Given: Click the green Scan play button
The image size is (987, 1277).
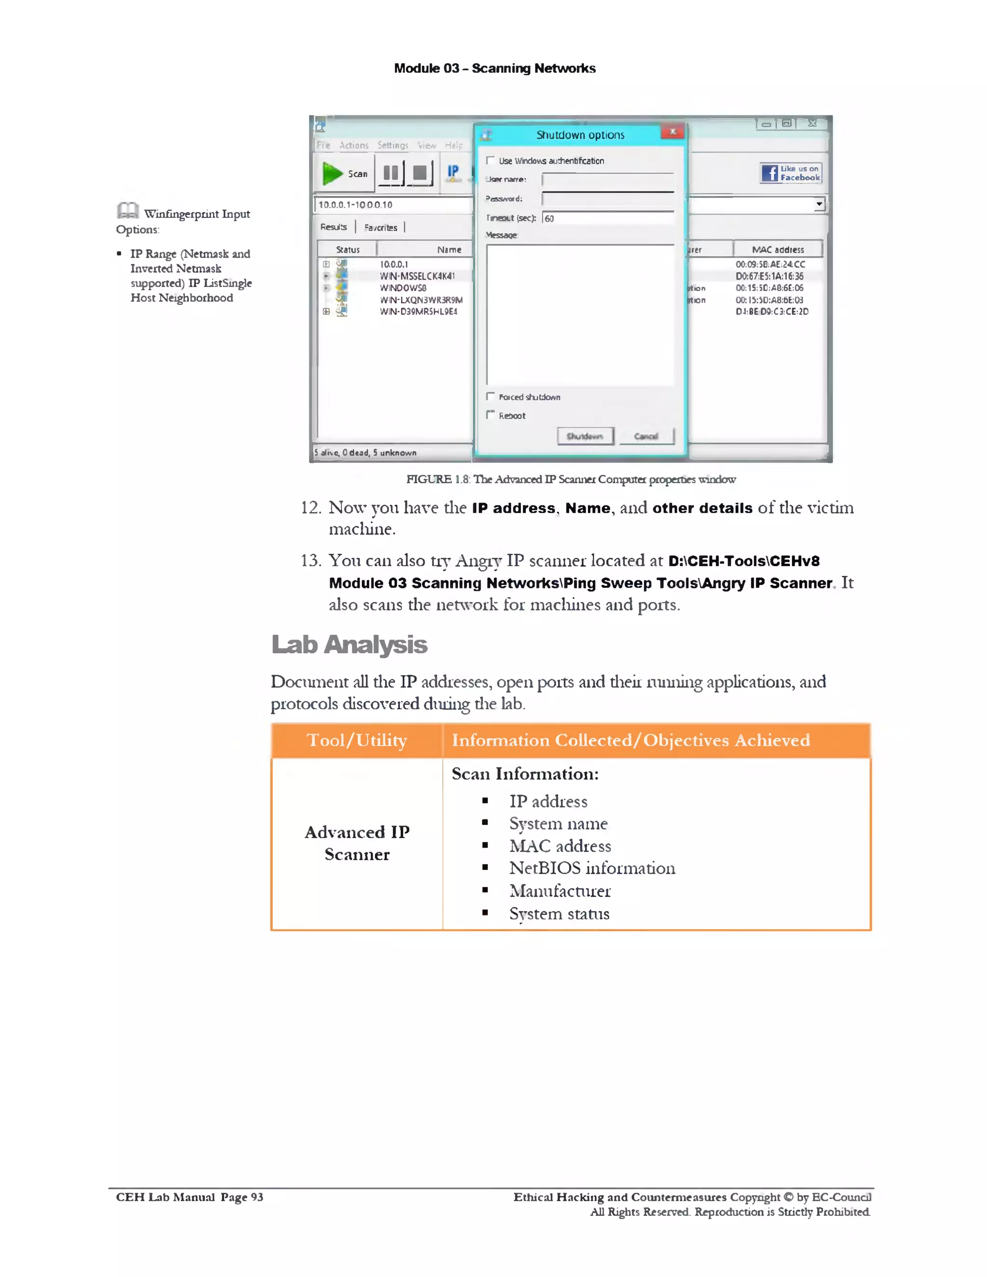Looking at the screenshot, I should [333, 173].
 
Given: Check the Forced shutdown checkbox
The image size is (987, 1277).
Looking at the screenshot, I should [491, 397].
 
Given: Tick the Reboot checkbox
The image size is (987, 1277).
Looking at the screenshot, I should [491, 414].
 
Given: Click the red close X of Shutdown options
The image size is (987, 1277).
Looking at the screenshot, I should [672, 132].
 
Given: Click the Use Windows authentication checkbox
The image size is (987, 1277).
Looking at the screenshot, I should [491, 160].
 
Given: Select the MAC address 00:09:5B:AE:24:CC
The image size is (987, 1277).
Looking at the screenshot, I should [770, 264].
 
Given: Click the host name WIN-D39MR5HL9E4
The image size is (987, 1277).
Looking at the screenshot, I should [418, 312].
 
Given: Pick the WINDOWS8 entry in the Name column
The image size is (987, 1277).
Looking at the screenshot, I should [403, 288].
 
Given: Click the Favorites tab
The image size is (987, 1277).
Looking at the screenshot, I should [381, 227].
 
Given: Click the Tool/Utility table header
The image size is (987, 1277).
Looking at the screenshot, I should [357, 740].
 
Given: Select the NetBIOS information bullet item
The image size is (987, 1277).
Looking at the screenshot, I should [592, 868].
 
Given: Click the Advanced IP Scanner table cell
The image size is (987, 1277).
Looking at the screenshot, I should [357, 843].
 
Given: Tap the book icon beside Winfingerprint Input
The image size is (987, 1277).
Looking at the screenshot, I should [127, 211].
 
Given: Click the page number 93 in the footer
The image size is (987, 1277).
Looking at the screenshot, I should [257, 1197].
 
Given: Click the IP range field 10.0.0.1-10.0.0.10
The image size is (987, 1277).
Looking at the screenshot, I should [392, 205].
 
